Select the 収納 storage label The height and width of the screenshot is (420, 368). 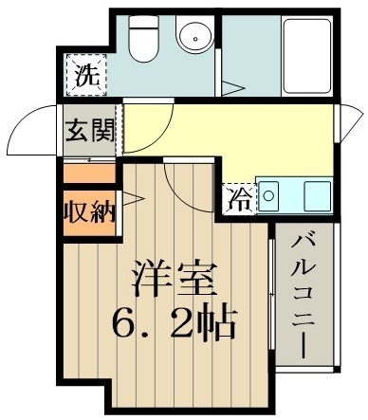coord(89,210)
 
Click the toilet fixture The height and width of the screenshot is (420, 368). coord(142,43)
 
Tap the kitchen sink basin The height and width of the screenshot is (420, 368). coord(316,197)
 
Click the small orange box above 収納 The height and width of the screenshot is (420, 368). coord(89,173)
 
